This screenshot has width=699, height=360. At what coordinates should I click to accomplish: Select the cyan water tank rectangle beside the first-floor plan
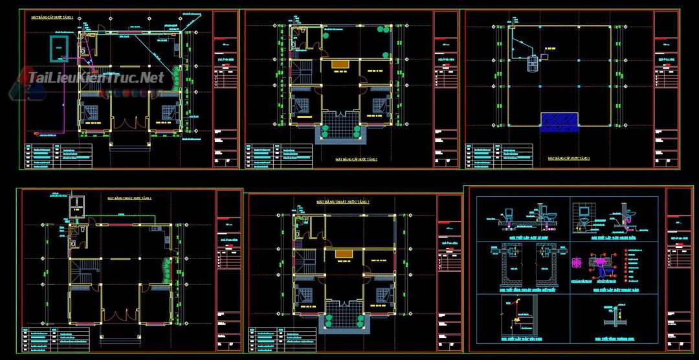click(x=59, y=47)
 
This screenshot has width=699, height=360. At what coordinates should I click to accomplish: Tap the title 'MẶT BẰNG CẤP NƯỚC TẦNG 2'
click(x=356, y=159)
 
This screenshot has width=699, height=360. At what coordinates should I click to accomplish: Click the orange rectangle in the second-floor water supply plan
click(x=340, y=64)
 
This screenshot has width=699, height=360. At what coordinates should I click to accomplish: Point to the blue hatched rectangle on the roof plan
click(x=559, y=122)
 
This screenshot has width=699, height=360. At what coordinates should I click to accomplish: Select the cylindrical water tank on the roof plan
click(x=533, y=63)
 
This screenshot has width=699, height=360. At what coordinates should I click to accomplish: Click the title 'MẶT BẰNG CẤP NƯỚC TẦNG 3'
click(x=569, y=158)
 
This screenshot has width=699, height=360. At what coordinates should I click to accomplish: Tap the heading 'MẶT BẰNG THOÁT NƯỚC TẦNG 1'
click(x=129, y=197)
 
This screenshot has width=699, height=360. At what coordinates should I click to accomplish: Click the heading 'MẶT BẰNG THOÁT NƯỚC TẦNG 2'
click(x=342, y=202)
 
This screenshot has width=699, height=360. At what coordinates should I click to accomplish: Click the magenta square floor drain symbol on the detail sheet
click(x=575, y=264)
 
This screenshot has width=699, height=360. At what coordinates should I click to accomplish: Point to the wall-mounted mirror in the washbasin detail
click(x=584, y=210)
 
